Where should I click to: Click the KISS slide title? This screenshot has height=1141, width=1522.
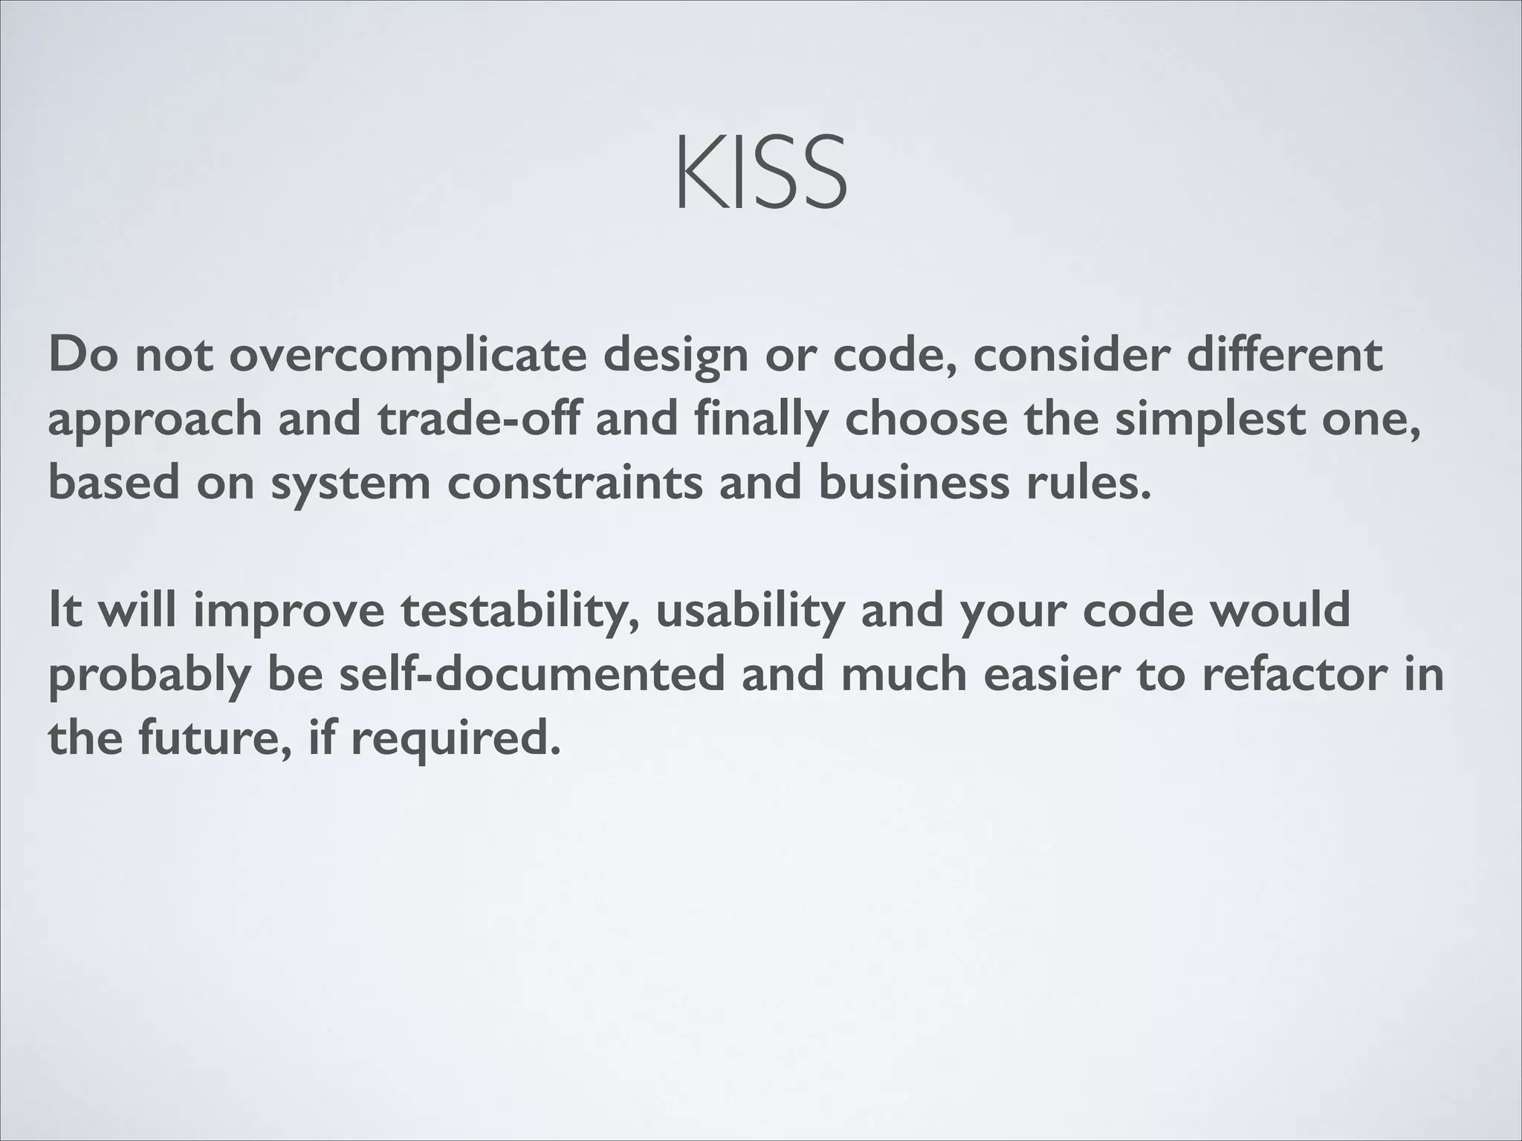(761, 172)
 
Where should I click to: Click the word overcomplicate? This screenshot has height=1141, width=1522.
(407, 355)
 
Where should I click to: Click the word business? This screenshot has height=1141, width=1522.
(913, 482)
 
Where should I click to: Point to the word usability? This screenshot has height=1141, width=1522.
(750, 611)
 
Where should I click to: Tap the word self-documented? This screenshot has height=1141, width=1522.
(531, 674)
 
